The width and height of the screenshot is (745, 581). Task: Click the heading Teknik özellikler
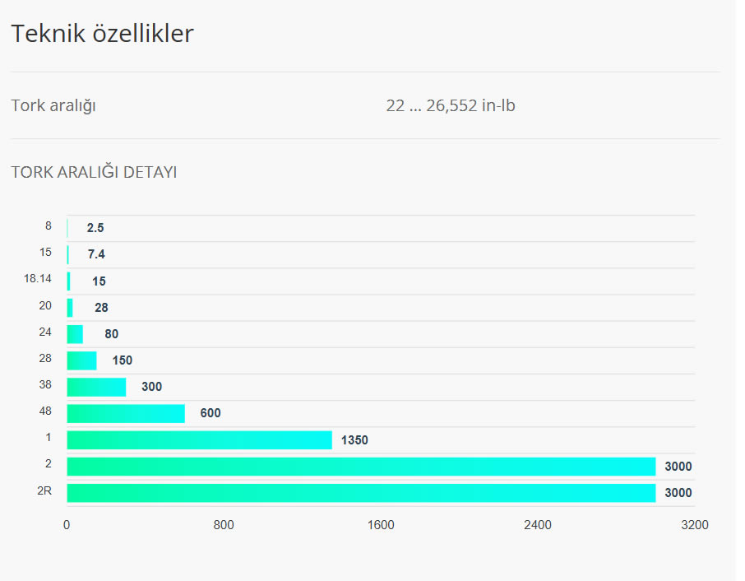(102, 34)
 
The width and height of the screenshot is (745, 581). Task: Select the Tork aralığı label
(53, 105)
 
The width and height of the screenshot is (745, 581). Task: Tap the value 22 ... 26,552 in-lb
(451, 105)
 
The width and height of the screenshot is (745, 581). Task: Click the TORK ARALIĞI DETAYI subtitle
(94, 172)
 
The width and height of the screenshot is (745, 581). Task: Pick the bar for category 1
(199, 439)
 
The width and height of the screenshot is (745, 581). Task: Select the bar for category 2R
(361, 493)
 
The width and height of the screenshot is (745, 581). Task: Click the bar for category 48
(126, 413)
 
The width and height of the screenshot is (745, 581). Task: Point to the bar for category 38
(96, 387)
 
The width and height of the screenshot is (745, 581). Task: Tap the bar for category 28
(81, 360)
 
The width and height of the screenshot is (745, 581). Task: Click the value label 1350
(354, 440)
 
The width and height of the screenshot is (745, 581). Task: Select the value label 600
(211, 413)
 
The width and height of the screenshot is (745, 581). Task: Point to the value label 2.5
(95, 228)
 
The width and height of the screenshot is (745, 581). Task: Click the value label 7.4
(97, 254)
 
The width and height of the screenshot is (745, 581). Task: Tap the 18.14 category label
(38, 279)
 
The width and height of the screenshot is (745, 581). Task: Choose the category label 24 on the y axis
(45, 332)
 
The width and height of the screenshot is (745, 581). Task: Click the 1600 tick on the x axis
(381, 525)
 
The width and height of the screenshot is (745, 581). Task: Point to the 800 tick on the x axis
(224, 525)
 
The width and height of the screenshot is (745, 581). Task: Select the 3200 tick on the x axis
(695, 525)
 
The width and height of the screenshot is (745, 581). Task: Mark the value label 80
(112, 334)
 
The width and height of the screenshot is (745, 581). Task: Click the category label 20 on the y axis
(45, 305)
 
